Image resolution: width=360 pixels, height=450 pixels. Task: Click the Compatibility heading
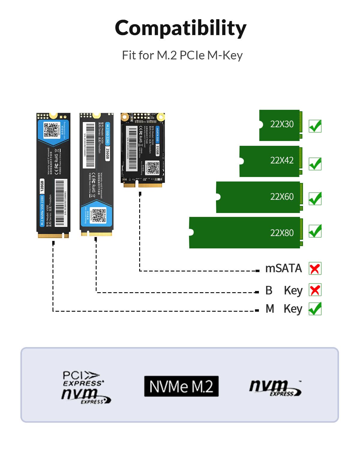(180, 28)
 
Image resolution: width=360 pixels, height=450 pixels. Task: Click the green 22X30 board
(280, 125)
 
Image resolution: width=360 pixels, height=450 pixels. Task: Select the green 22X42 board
(270, 161)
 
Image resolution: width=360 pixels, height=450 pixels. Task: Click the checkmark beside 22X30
(315, 126)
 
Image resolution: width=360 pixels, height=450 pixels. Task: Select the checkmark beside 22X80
(315, 231)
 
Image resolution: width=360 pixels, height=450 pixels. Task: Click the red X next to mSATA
(315, 268)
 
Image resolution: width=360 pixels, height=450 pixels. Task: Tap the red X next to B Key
(315, 290)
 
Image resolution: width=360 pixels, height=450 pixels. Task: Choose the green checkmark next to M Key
(315, 309)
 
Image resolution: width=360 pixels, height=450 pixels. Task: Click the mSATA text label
(283, 268)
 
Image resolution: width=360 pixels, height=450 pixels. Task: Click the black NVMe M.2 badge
(181, 386)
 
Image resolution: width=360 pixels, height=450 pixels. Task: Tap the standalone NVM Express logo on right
(275, 388)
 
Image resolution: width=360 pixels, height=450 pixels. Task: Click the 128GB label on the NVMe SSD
(42, 186)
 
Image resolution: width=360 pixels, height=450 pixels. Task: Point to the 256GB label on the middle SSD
(107, 154)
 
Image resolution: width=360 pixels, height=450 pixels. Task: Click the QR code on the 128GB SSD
(51, 130)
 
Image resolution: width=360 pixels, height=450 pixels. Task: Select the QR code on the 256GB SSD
(99, 215)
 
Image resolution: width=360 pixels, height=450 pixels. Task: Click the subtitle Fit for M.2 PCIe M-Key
(182, 55)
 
